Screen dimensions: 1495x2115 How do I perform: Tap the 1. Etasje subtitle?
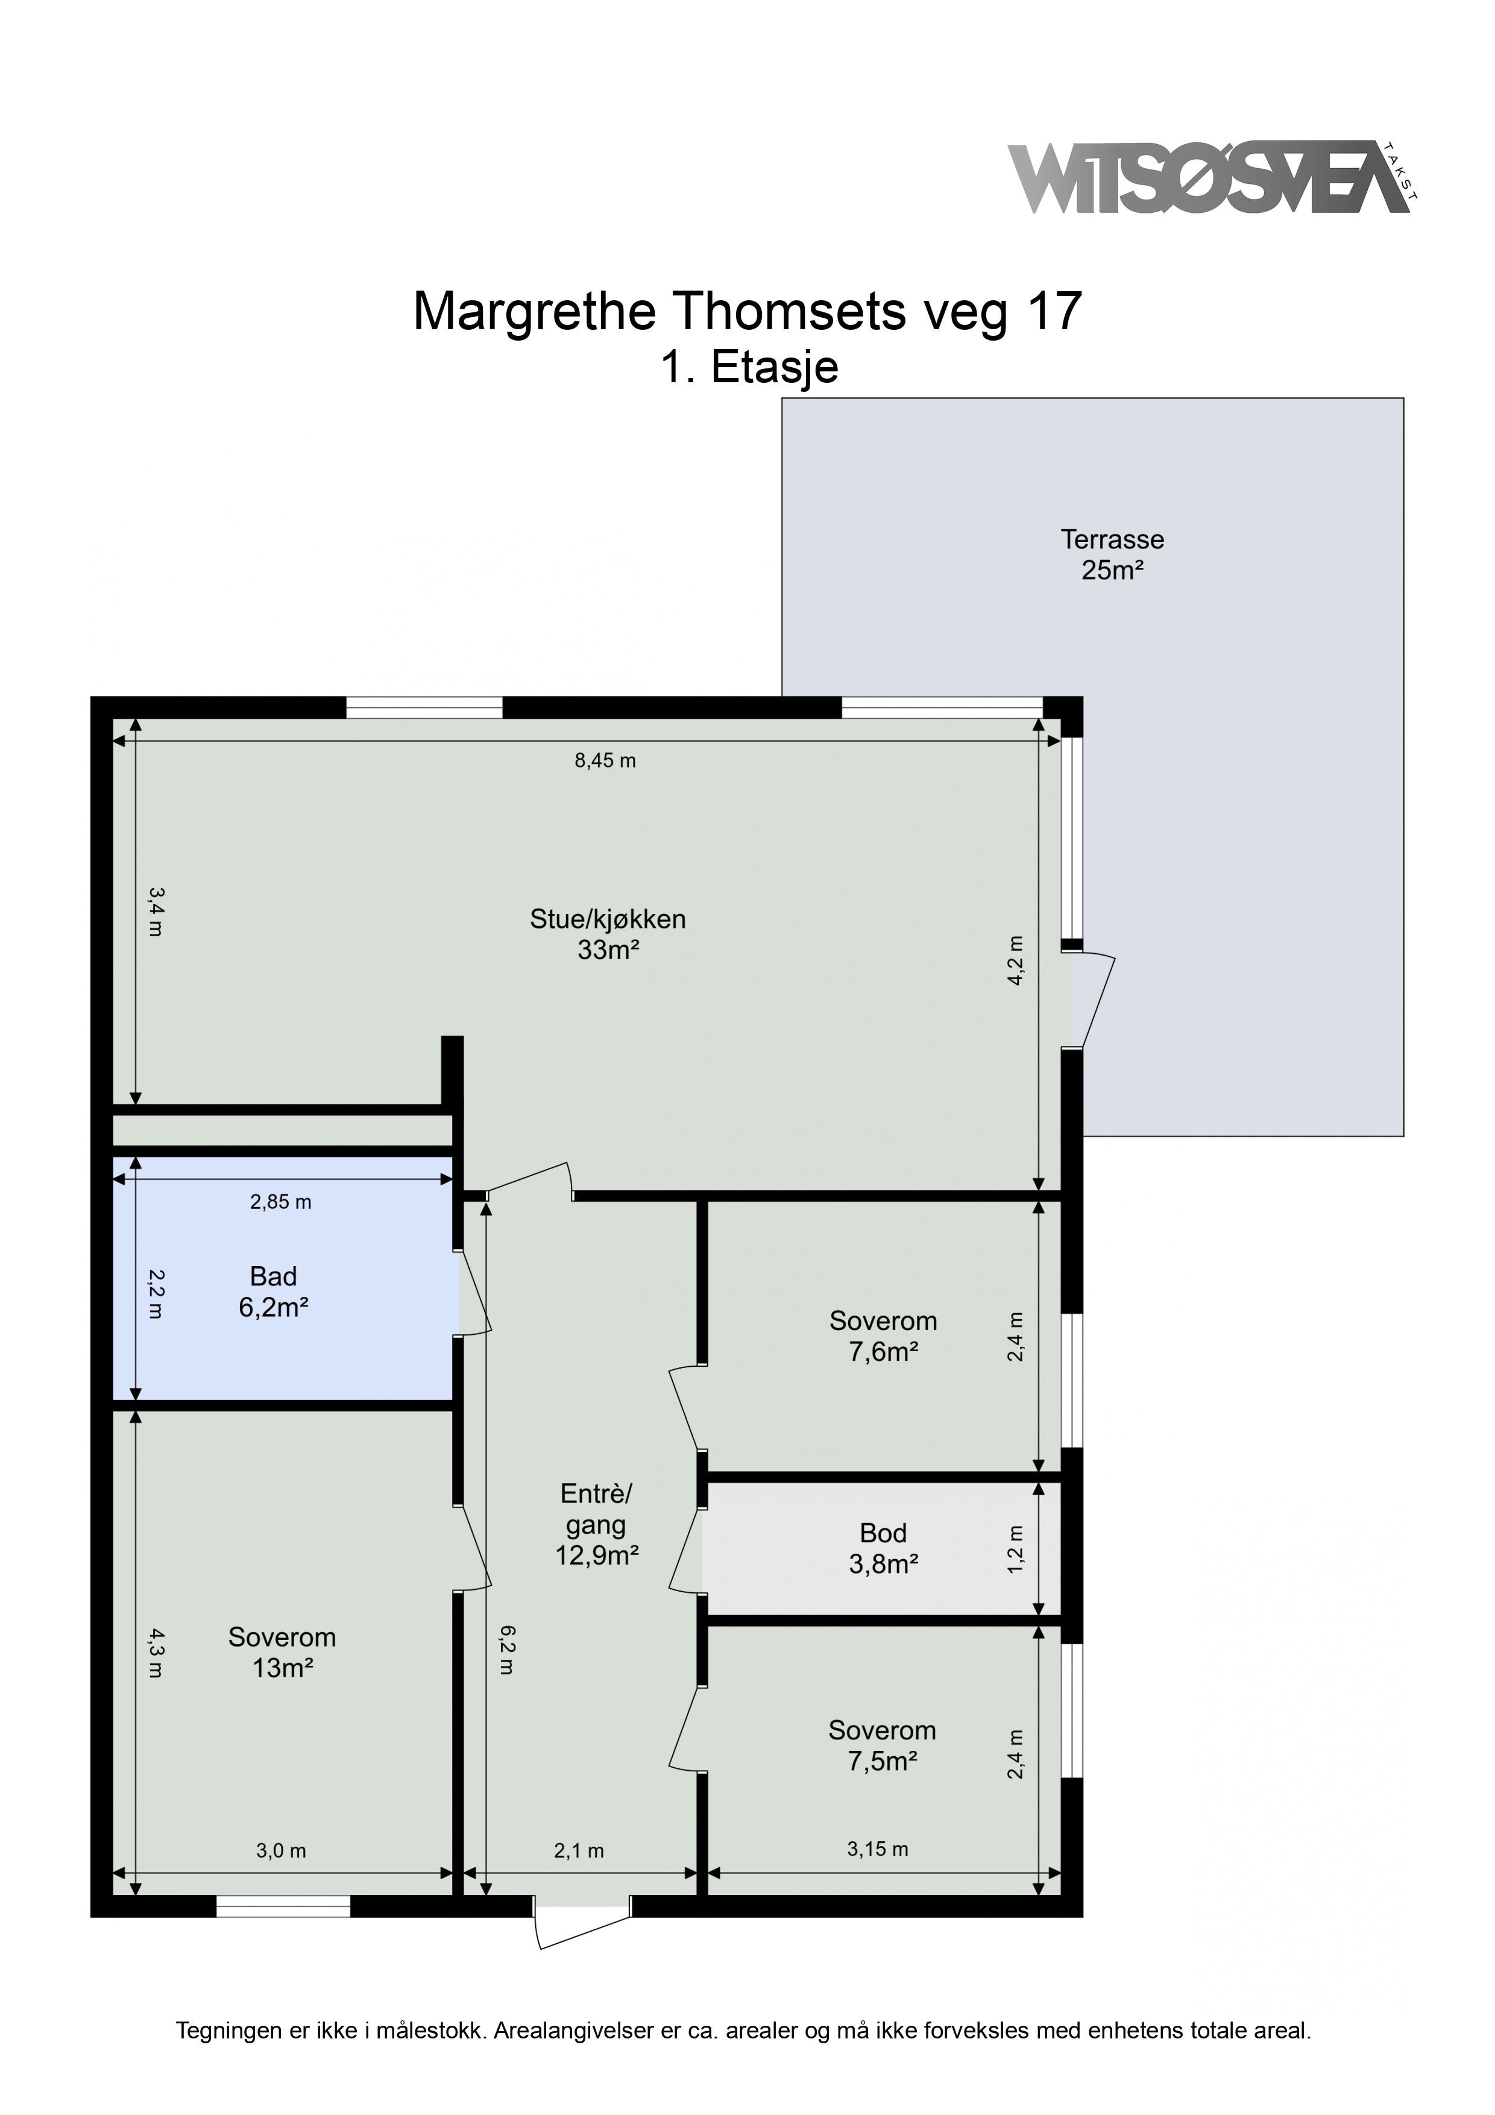pyautogui.click(x=749, y=367)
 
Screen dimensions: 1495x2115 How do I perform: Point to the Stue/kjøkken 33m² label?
pyautogui.click(x=608, y=934)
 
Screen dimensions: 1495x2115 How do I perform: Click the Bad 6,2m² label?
pyautogui.click(x=274, y=1291)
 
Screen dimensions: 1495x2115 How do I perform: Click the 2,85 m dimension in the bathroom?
pyautogui.click(x=281, y=1202)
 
